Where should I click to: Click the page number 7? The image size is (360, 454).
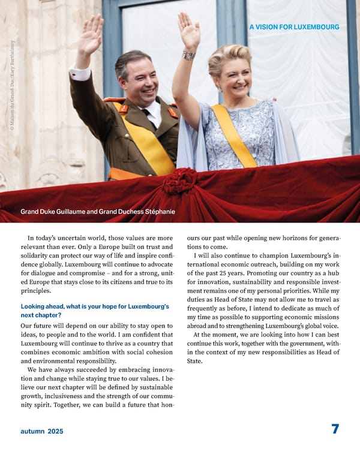[335, 429]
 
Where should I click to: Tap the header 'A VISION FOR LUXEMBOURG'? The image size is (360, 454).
[293, 27]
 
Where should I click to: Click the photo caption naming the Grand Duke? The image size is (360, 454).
[98, 212]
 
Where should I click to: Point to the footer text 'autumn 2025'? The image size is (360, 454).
[41, 431]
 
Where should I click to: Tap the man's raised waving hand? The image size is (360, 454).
[91, 37]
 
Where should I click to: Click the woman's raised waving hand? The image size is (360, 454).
[188, 31]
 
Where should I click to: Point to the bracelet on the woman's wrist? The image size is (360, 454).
[189, 55]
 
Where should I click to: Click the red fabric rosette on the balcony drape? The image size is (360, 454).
[179, 179]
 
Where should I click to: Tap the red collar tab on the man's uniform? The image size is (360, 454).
[124, 109]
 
